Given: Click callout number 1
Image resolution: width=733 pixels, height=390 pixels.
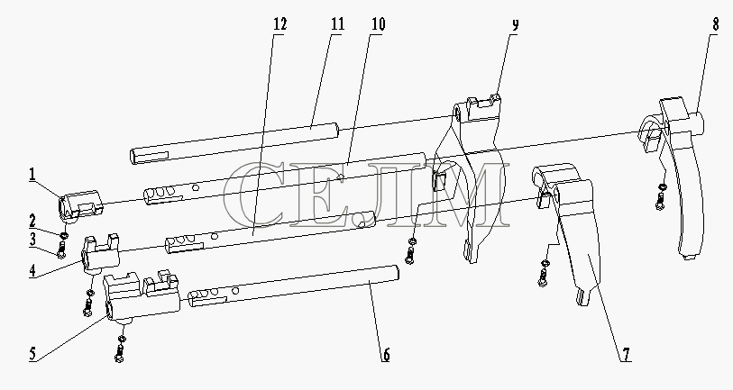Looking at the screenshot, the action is (32, 175).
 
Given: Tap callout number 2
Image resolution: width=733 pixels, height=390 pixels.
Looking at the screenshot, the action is (32, 221).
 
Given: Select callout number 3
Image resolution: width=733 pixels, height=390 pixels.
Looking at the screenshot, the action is (32, 240).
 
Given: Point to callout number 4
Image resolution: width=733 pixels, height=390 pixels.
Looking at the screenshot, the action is (32, 271).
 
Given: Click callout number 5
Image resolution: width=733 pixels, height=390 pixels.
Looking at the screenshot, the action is (32, 354).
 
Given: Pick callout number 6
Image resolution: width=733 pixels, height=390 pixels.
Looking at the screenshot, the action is (386, 355).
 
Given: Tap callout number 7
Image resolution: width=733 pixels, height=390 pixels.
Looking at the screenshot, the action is (626, 355).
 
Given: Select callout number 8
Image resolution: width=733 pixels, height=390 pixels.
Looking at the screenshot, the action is (715, 24).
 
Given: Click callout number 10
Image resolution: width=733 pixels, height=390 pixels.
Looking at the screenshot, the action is (379, 23).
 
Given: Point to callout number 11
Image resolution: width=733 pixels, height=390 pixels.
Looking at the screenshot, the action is (337, 23).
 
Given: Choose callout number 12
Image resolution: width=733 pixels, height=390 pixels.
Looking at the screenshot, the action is (279, 23).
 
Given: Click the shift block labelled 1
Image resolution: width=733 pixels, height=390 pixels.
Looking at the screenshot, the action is (79, 204).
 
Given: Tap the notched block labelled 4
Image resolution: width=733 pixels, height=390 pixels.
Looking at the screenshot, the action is (100, 253).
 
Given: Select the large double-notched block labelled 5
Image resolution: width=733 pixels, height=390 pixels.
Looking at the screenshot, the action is (142, 295).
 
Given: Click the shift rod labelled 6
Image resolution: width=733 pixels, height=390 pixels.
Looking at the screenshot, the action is (293, 286).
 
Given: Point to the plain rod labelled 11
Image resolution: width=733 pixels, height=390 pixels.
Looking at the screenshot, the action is (234, 143).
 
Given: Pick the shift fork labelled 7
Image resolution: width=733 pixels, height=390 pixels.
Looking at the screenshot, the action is (570, 229).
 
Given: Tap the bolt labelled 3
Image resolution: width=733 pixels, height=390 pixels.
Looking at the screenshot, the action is (61, 248).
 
